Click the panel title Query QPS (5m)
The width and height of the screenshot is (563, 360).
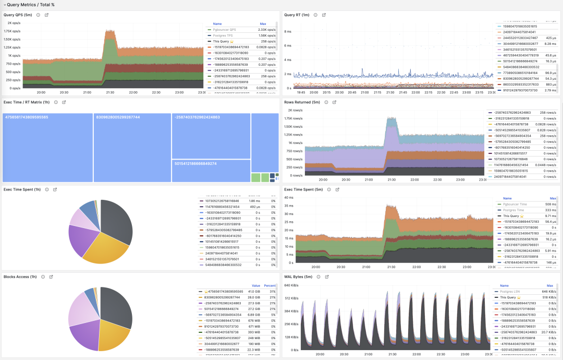(x=18, y=15)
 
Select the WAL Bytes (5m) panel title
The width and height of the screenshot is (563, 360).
(x=298, y=277)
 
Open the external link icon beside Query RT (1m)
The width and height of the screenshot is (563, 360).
(x=324, y=15)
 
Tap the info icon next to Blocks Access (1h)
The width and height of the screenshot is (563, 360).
(x=43, y=277)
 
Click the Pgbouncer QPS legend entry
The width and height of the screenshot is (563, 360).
(x=225, y=30)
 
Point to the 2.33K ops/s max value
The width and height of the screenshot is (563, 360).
(x=266, y=30)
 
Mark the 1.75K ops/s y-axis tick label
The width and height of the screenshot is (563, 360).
(x=12, y=31)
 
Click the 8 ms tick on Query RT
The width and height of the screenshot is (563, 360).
(x=287, y=31)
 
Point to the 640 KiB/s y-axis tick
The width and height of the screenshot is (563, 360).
(x=291, y=285)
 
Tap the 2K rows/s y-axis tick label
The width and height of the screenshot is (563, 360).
(x=295, y=110)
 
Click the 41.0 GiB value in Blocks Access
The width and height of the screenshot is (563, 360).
(x=254, y=291)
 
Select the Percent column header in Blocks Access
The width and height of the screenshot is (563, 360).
(x=270, y=285)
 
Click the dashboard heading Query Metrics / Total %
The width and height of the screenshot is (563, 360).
(x=30, y=5)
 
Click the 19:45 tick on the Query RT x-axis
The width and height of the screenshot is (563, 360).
(x=301, y=92)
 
